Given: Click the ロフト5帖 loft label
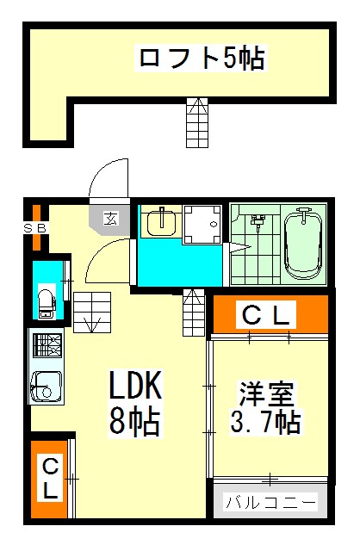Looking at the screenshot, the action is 202,59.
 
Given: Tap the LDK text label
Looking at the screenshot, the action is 136,385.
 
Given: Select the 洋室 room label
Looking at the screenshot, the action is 267,393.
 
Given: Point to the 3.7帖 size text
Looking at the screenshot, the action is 265,421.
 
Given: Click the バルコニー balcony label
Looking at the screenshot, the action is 270,503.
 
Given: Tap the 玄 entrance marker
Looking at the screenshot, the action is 111,219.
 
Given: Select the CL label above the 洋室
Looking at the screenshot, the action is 266,315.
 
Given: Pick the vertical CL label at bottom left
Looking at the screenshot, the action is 50,480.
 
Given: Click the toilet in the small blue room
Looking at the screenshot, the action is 47,303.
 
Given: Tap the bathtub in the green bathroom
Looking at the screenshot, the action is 303,244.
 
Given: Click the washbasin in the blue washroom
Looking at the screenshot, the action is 161,222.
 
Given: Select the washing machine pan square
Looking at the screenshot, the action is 202,225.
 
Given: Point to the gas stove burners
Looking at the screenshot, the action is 47,345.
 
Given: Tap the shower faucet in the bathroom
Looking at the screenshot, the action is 258,222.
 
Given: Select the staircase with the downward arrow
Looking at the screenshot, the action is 92,313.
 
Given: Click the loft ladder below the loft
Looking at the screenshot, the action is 197,122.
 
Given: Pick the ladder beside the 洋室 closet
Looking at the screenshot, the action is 194,313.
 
